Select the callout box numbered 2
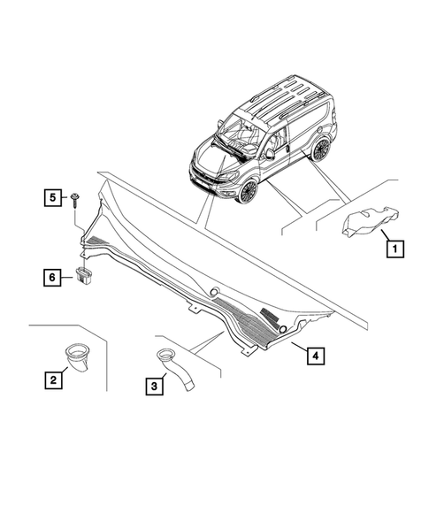coord(53,380)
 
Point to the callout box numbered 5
coord(52,195)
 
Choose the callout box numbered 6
coord(52,277)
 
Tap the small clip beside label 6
coord(85,273)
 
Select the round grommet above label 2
coord(76,357)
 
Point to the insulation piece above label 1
coord(366,220)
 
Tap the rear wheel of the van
coord(320,149)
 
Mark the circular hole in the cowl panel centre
coord(214,292)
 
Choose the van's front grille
coord(209,176)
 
